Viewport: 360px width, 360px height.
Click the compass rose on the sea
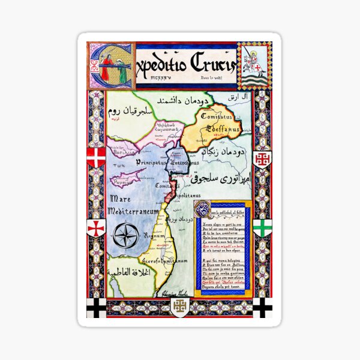click(x=126, y=235)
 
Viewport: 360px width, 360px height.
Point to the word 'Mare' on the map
click(x=122, y=198)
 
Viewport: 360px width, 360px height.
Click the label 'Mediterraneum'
click(x=133, y=212)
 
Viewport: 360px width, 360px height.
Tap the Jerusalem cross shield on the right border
click(x=262, y=158)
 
